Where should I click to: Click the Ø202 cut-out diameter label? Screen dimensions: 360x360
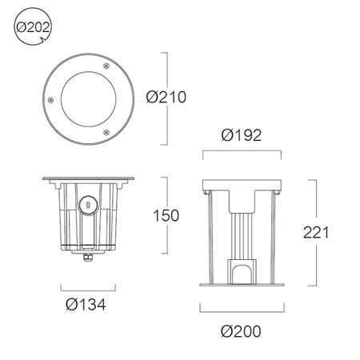(33, 27)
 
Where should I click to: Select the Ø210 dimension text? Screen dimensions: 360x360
(166, 97)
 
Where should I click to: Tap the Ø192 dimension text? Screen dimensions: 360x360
(242, 135)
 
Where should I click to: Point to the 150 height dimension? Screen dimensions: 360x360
(166, 215)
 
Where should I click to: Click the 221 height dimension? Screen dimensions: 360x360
(316, 233)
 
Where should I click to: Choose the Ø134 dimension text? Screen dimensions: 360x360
(86, 304)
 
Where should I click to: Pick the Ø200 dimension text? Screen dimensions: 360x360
(241, 331)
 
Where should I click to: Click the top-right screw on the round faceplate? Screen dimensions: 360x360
(106, 66)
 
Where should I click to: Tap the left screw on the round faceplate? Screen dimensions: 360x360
(50, 100)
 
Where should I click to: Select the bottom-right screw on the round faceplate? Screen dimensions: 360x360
(106, 132)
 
